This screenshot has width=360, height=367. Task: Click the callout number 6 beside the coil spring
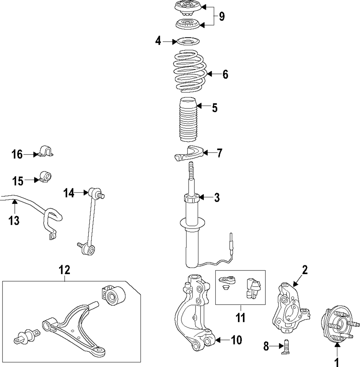(225, 75)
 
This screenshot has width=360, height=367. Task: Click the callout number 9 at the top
(221, 17)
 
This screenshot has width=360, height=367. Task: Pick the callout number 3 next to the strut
(217, 197)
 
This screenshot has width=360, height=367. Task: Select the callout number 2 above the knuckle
(305, 270)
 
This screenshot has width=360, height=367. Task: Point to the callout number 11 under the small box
(240, 317)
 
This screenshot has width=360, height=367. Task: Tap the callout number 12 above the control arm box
(65, 269)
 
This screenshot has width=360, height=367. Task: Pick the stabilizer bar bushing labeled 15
(45, 176)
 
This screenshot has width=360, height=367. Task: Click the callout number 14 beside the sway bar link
(69, 193)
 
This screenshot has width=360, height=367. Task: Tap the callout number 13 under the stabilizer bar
(14, 220)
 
